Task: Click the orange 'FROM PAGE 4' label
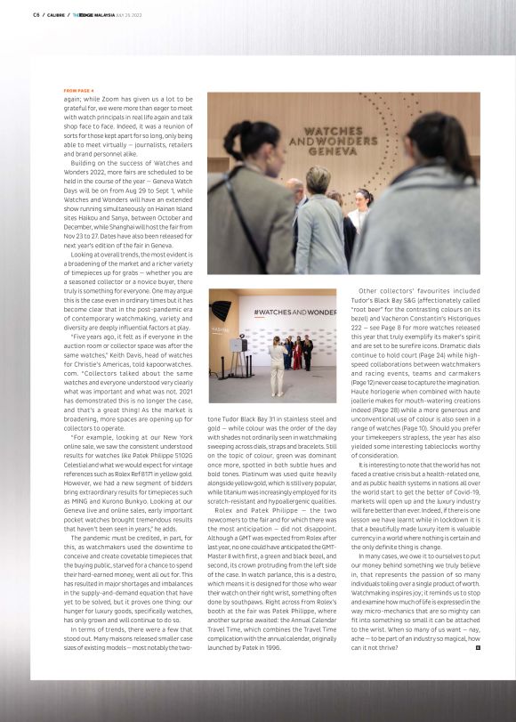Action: click(x=78, y=91)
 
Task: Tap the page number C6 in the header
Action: click(x=36, y=14)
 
